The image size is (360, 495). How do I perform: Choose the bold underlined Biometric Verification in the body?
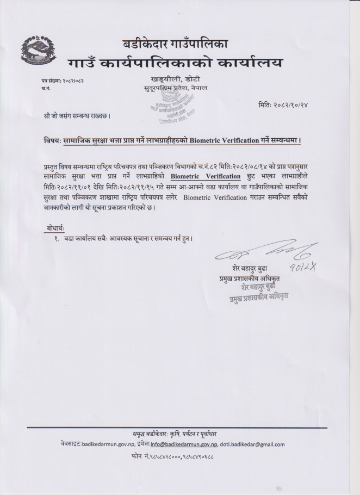205,176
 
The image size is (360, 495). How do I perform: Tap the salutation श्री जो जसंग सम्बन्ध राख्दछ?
78,116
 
